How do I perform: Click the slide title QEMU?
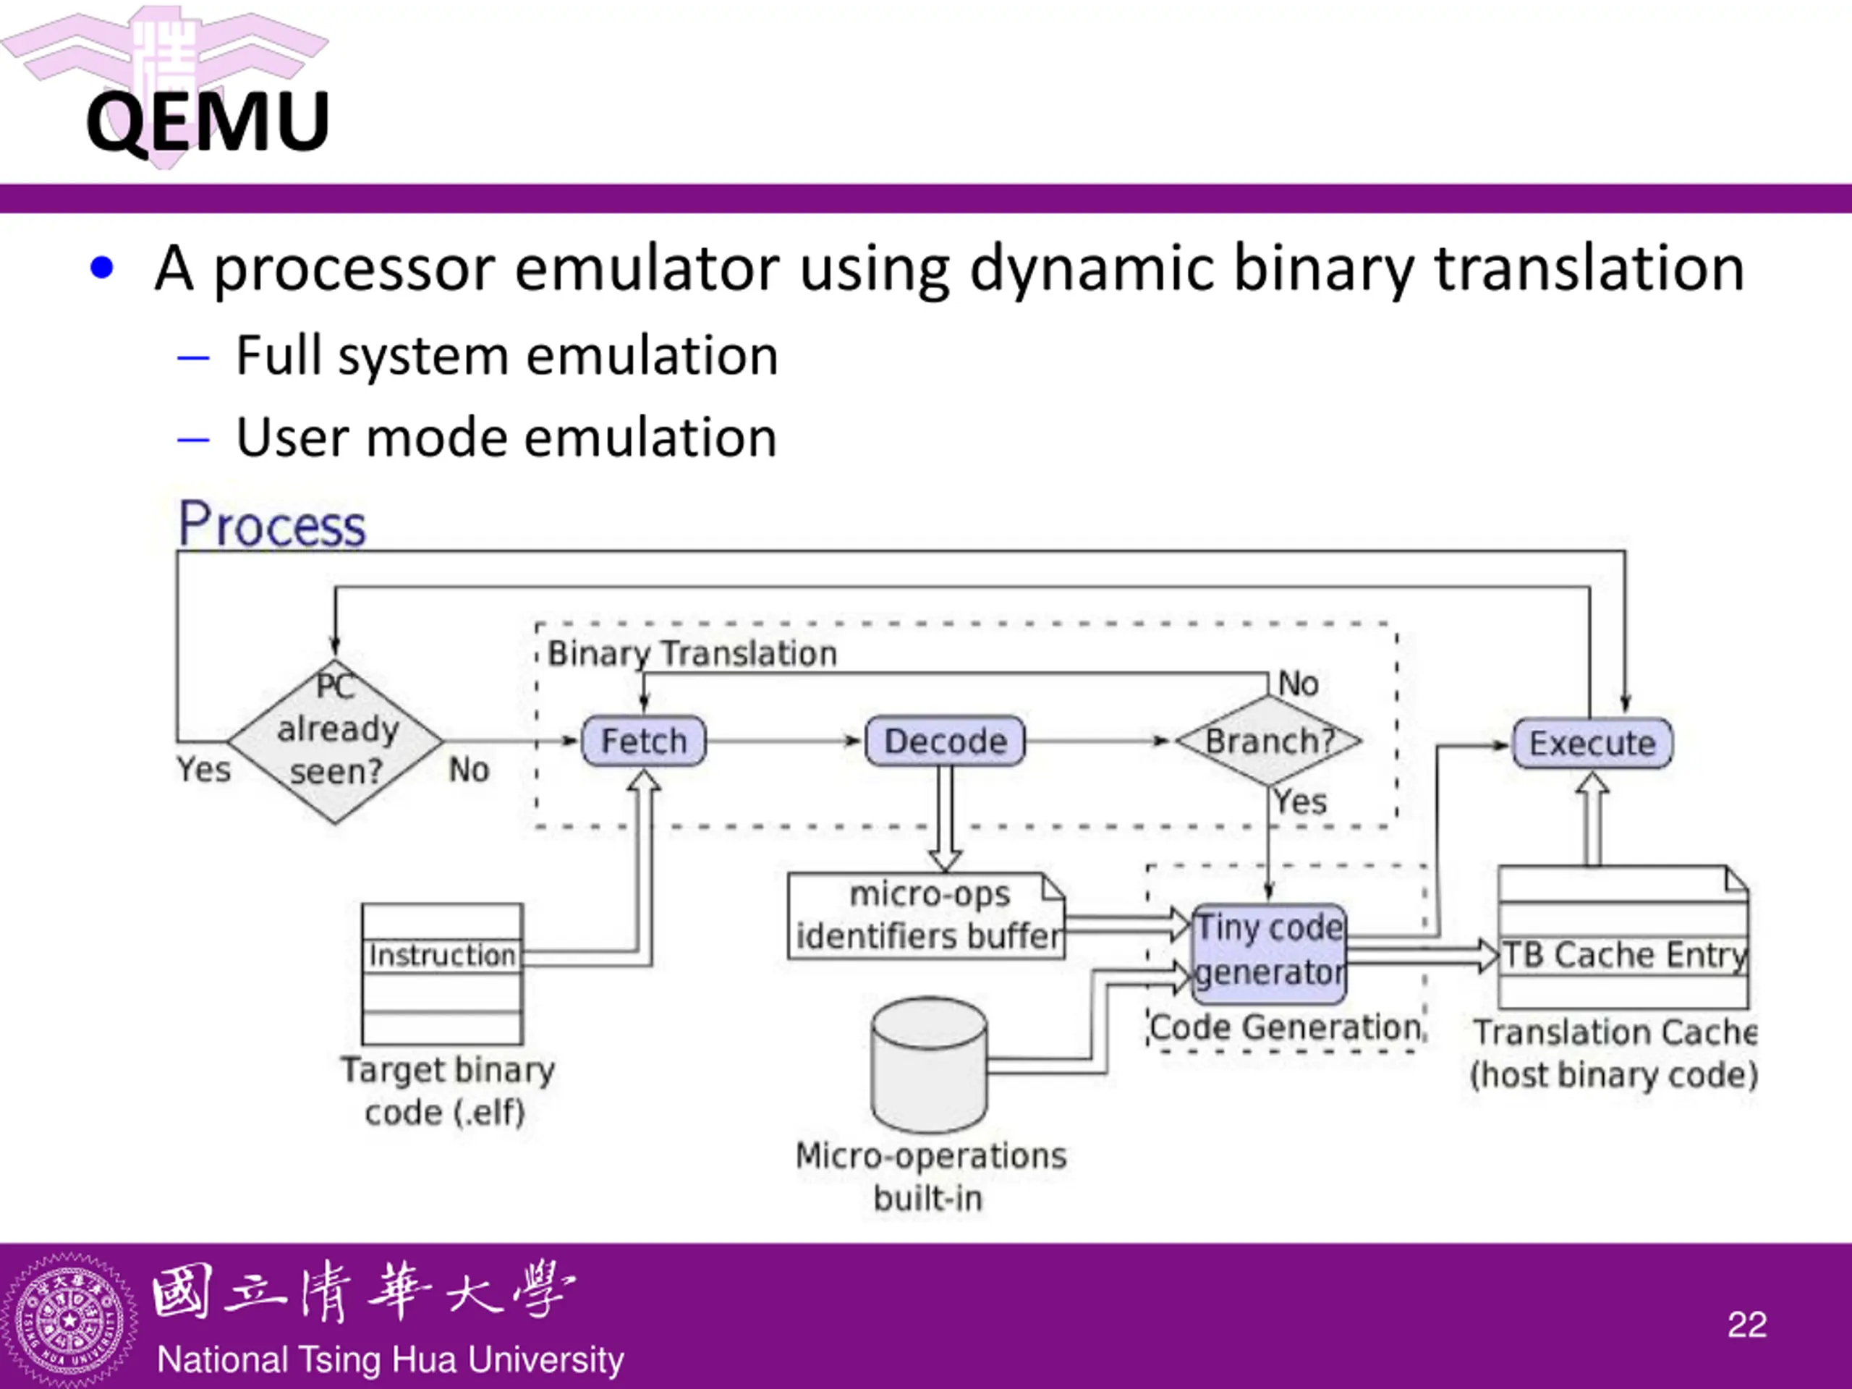pyautogui.click(x=208, y=122)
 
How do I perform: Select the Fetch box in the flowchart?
pyautogui.click(x=644, y=741)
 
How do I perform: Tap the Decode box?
pyautogui.click(x=946, y=741)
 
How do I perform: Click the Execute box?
pyautogui.click(x=1592, y=743)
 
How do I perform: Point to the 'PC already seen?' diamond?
pyautogui.click(x=335, y=741)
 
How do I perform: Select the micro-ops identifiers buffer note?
pyautogui.click(x=927, y=916)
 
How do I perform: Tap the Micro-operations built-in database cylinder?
pyautogui.click(x=928, y=1064)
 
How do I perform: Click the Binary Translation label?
pyautogui.click(x=692, y=654)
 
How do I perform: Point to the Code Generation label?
pyautogui.click(x=1285, y=1027)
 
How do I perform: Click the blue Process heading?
pyautogui.click(x=272, y=525)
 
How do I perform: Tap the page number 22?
pyautogui.click(x=1747, y=1325)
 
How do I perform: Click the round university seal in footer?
pyautogui.click(x=69, y=1321)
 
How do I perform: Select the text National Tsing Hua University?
pyautogui.click(x=390, y=1359)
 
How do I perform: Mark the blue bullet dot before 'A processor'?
pyautogui.click(x=101, y=268)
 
